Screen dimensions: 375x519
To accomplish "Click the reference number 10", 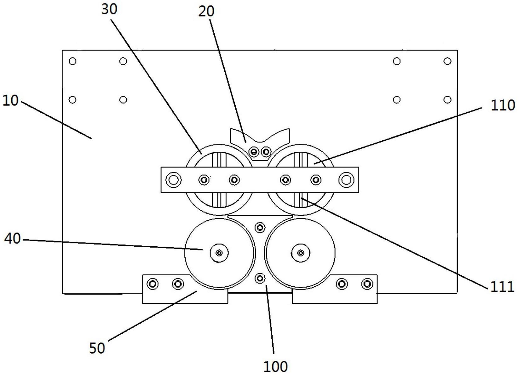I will (10, 101).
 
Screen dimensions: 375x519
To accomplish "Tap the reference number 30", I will (109, 9).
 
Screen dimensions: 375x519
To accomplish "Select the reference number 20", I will (206, 12).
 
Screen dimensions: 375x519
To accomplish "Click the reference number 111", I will (502, 287).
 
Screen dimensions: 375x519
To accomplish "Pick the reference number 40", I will (12, 239).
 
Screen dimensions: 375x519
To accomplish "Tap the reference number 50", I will (97, 348).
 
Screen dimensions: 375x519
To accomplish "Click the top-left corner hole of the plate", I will (72, 61).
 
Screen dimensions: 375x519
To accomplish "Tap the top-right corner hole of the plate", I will (447, 61).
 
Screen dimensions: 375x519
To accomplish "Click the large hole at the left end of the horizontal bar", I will (173, 180).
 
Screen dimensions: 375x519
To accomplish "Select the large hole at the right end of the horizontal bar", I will (346, 180).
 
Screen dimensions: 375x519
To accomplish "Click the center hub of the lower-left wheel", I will (219, 253).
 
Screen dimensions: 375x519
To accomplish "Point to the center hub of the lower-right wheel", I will (301, 253).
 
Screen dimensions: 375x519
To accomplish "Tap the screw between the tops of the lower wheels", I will (260, 227).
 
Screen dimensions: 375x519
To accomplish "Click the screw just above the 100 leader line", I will (260, 278).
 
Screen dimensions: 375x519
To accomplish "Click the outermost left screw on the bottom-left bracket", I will (153, 284).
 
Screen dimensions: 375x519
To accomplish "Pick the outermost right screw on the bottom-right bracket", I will (367, 284).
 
